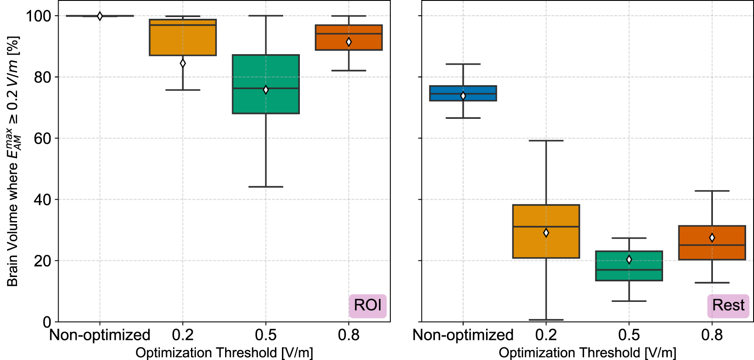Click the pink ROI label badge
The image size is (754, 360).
(x=368, y=305)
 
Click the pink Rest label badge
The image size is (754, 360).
(x=728, y=305)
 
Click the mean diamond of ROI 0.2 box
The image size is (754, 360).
(x=183, y=63)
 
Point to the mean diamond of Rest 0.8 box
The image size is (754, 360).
(x=712, y=238)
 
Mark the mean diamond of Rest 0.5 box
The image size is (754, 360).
(x=629, y=260)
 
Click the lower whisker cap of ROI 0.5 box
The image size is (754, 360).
(x=266, y=187)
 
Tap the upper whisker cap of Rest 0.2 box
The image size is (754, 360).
(x=546, y=141)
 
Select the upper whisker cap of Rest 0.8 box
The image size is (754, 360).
(x=712, y=191)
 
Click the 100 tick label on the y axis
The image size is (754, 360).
(x=38, y=16)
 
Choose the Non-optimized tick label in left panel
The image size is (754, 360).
(x=100, y=335)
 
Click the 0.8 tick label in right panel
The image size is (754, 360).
(x=712, y=335)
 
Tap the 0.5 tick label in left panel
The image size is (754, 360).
(x=266, y=335)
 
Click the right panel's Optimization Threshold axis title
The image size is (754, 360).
(x=587, y=353)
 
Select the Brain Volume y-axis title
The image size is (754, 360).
(x=13, y=162)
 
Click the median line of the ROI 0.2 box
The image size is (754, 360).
(x=183, y=25)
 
